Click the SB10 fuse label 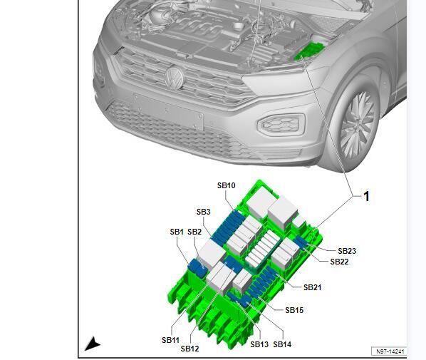(x=226, y=185)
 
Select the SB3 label (x=204, y=212)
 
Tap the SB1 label (x=177, y=232)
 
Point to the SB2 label (x=194, y=232)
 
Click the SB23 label (x=347, y=251)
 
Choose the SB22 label (x=339, y=262)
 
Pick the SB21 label (x=313, y=287)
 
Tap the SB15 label (x=294, y=310)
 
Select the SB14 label (x=282, y=344)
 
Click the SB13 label (x=259, y=344)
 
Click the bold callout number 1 (x=366, y=196)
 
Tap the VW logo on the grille (x=175, y=77)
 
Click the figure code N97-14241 (x=390, y=351)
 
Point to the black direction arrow (x=93, y=344)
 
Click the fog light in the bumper (x=281, y=125)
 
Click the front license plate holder (x=168, y=111)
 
